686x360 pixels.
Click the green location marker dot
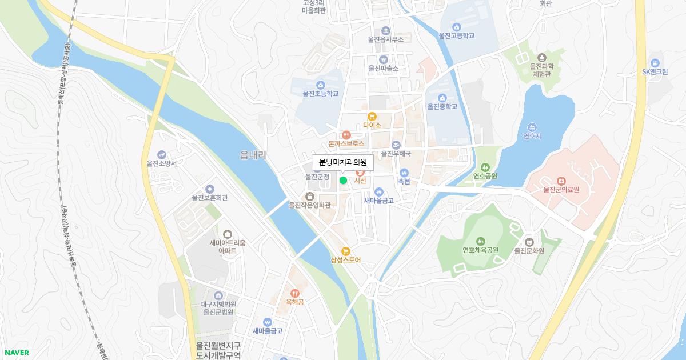343,181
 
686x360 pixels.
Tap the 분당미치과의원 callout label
343,163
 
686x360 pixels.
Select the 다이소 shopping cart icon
372,117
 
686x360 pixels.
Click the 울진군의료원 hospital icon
561,181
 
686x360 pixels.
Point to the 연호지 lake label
532,136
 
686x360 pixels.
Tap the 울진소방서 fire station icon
162,154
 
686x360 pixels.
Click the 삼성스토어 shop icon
345,251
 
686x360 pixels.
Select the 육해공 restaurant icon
294,293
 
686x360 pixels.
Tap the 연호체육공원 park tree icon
480,241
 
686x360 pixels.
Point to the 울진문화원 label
529,250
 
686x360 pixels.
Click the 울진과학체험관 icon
541,58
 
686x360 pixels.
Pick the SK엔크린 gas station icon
655,63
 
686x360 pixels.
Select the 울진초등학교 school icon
320,85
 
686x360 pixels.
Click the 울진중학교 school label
442,106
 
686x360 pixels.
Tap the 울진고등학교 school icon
456,27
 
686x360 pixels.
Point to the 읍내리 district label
253,155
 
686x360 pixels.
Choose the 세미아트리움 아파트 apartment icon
228,234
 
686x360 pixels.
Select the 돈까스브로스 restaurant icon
346,135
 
